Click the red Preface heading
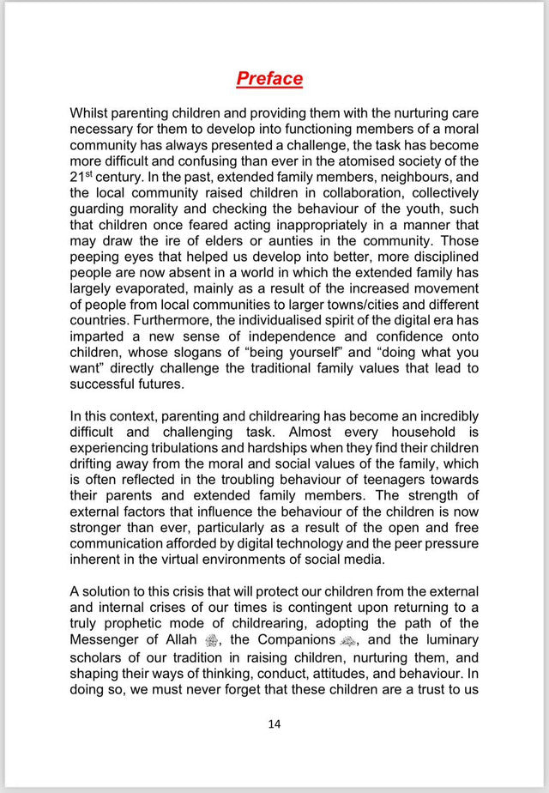coord(269,79)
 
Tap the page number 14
coord(274,723)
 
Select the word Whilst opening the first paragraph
coord(93,114)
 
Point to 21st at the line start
coord(82,176)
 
